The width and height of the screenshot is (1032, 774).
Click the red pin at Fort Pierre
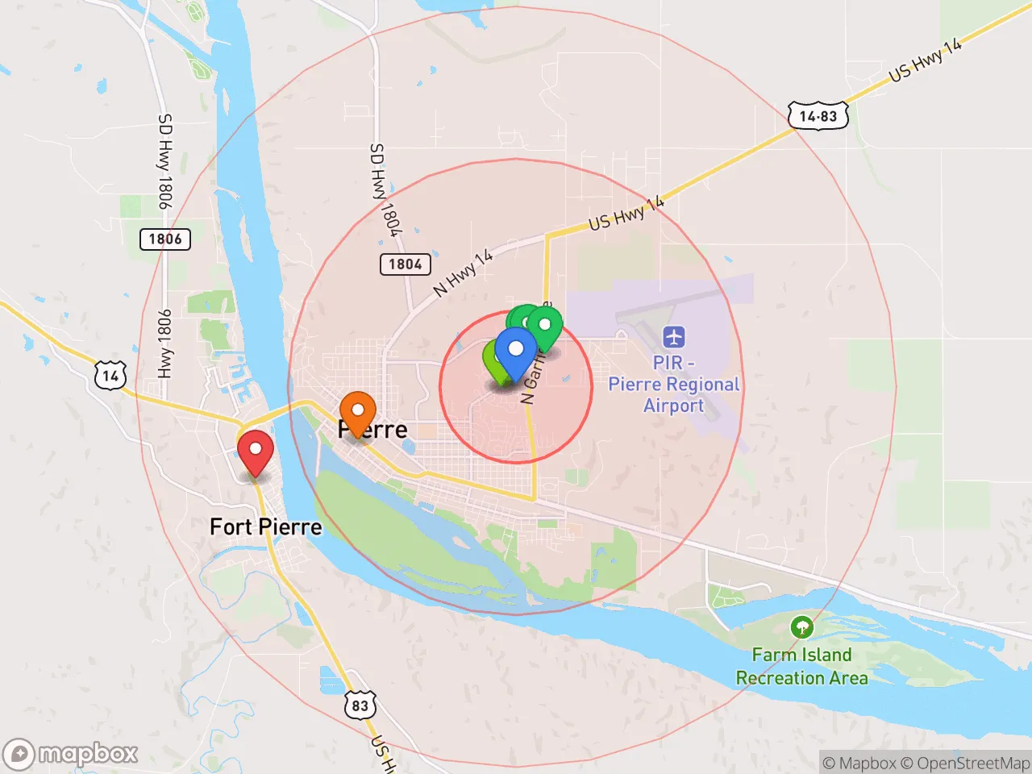(256, 451)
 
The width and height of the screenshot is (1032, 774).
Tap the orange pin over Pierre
(357, 412)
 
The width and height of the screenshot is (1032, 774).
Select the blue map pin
(515, 352)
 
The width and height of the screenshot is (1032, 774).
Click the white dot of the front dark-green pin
(544, 325)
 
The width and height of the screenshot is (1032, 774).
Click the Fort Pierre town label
(265, 527)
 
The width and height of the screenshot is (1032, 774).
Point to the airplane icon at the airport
(673, 336)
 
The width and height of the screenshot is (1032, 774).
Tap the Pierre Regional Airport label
(673, 385)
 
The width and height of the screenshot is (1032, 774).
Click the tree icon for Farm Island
(801, 626)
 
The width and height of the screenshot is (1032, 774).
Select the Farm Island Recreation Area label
(801, 667)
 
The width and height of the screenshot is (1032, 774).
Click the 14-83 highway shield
(818, 116)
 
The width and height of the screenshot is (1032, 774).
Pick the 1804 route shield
(405, 264)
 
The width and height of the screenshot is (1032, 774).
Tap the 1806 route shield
(164, 239)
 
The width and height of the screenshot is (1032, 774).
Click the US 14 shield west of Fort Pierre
(110, 376)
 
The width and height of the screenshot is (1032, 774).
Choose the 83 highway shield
(360, 706)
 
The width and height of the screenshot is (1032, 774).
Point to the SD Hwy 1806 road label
(164, 161)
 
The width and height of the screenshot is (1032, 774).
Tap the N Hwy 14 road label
(463, 273)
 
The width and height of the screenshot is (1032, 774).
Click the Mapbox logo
(71, 755)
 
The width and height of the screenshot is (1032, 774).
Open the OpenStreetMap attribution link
(965, 763)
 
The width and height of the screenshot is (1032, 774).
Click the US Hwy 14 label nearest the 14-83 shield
(926, 60)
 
